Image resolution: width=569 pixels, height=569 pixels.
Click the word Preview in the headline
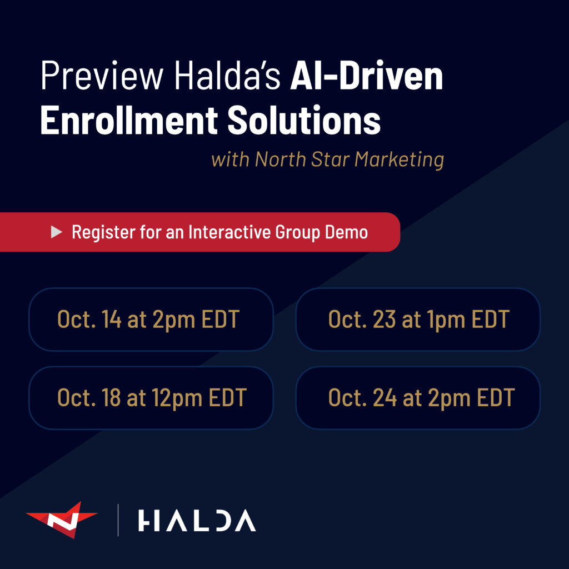(102, 76)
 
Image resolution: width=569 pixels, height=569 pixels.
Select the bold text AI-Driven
(367, 75)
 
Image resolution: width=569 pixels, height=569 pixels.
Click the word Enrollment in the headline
(129, 120)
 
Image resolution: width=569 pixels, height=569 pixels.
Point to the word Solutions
(304, 120)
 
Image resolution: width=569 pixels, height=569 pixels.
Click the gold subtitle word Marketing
(399, 159)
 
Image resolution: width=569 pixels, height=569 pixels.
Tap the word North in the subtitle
(281, 159)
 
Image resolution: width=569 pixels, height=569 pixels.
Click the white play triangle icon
(56, 232)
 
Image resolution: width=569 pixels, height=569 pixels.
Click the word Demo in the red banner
(346, 232)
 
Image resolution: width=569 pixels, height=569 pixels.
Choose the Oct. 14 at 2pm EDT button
(151, 320)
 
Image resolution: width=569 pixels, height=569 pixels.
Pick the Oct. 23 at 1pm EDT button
(418, 320)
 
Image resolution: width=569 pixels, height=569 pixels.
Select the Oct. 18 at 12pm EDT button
(151, 398)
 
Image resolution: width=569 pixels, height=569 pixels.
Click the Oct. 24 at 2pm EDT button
(418, 398)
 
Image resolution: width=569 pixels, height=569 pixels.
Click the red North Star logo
(62, 520)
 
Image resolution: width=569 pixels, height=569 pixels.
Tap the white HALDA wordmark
(197, 520)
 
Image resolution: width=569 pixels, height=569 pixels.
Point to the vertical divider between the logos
(118, 520)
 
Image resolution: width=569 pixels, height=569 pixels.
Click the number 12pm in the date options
(177, 398)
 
